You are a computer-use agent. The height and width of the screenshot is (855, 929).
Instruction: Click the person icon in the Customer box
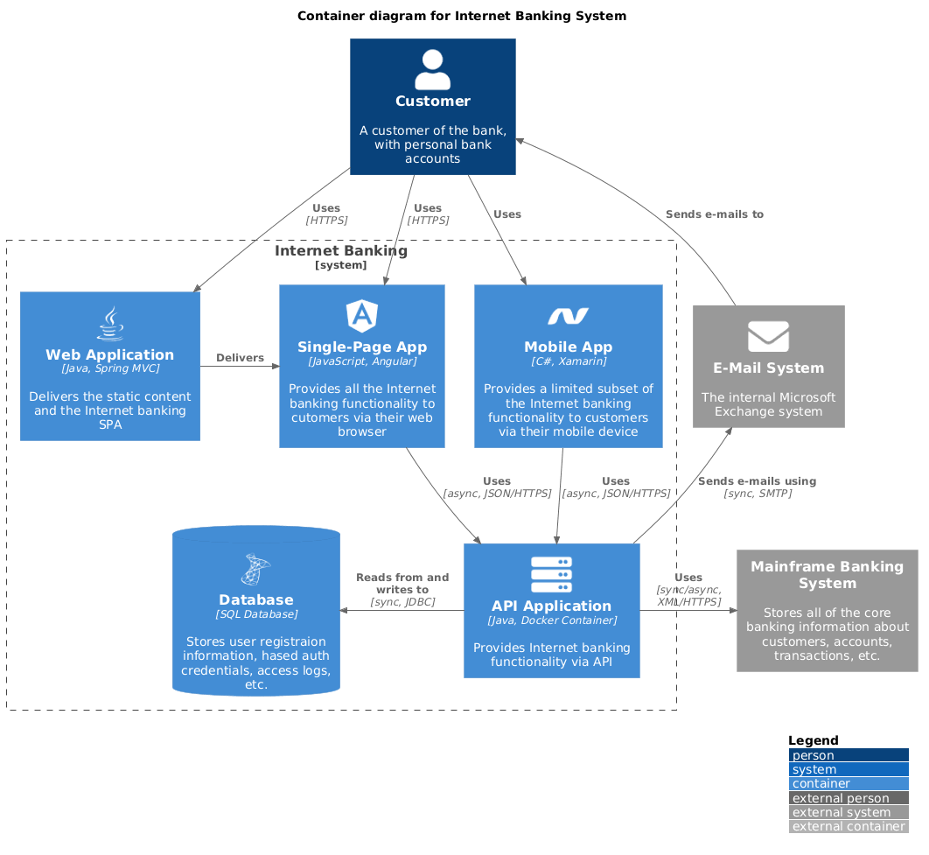pyautogui.click(x=432, y=70)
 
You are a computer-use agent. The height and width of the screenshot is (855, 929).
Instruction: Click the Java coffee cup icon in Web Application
pyautogui.click(x=109, y=323)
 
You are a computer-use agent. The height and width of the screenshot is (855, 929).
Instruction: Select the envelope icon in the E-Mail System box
pyautogui.click(x=768, y=337)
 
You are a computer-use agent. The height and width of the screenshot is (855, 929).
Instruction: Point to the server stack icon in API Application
pyautogui.click(x=551, y=575)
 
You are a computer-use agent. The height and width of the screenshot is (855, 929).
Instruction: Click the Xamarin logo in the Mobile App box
pyautogui.click(x=568, y=316)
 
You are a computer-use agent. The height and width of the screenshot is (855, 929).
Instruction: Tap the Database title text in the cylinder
pyautogui.click(x=255, y=599)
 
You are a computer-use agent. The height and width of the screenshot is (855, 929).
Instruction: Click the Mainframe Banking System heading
pyautogui.click(x=827, y=575)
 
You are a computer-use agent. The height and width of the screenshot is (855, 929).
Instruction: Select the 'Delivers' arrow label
pyautogui.click(x=240, y=357)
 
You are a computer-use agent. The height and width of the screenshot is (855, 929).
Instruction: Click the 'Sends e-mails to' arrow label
pyautogui.click(x=714, y=214)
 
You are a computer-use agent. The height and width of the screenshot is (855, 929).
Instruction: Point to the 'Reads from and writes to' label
pyautogui.click(x=402, y=584)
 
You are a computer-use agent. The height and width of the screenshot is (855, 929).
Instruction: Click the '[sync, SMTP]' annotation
pyautogui.click(x=757, y=494)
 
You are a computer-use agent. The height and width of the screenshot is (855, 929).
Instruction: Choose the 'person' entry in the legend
pyautogui.click(x=813, y=755)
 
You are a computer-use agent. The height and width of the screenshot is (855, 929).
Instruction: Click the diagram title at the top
pyautogui.click(x=462, y=16)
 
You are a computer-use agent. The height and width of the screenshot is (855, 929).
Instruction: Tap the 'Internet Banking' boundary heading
pyautogui.click(x=340, y=251)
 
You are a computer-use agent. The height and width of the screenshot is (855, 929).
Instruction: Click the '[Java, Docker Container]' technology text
pyautogui.click(x=551, y=620)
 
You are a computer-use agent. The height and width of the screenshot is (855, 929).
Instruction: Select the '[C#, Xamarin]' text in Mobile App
pyautogui.click(x=568, y=361)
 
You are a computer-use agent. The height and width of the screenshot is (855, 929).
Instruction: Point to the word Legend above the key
pyautogui.click(x=813, y=740)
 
